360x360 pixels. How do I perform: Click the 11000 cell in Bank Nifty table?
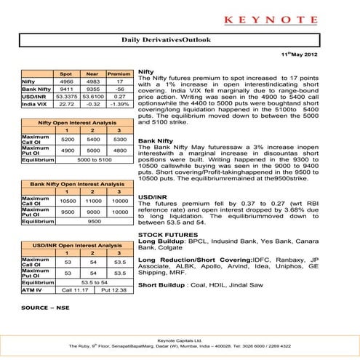pyautogui.click(x=91, y=200)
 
